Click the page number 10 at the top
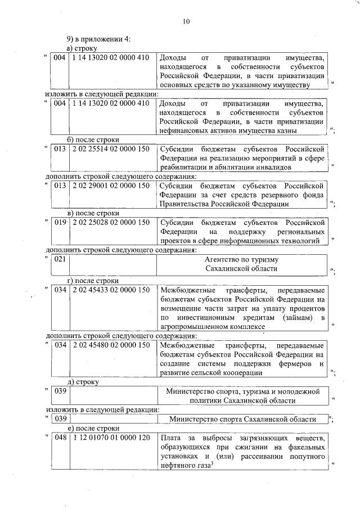tap(186, 22)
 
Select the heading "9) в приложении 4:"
tap(99, 39)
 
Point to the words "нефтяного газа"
tap(184, 466)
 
